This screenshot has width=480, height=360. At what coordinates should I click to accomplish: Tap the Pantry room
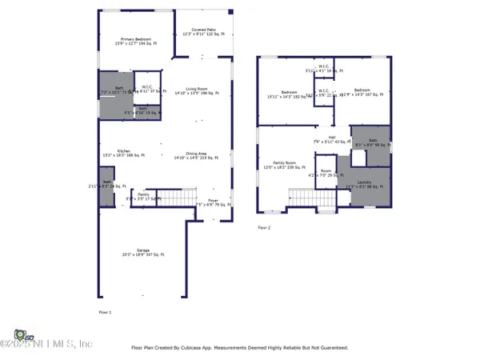(x=143, y=196)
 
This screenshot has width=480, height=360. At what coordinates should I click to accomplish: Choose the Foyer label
(x=213, y=202)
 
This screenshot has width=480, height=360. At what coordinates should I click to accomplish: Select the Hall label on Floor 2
(x=331, y=139)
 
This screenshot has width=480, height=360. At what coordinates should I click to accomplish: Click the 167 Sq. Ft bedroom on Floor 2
(x=362, y=92)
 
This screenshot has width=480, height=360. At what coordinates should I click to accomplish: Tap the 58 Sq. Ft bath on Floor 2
(x=372, y=142)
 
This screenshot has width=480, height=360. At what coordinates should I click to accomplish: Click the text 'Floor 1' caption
(x=105, y=311)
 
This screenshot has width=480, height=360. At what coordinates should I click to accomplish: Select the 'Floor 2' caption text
(x=264, y=228)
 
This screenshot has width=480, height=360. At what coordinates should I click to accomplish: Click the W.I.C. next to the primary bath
(x=147, y=89)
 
